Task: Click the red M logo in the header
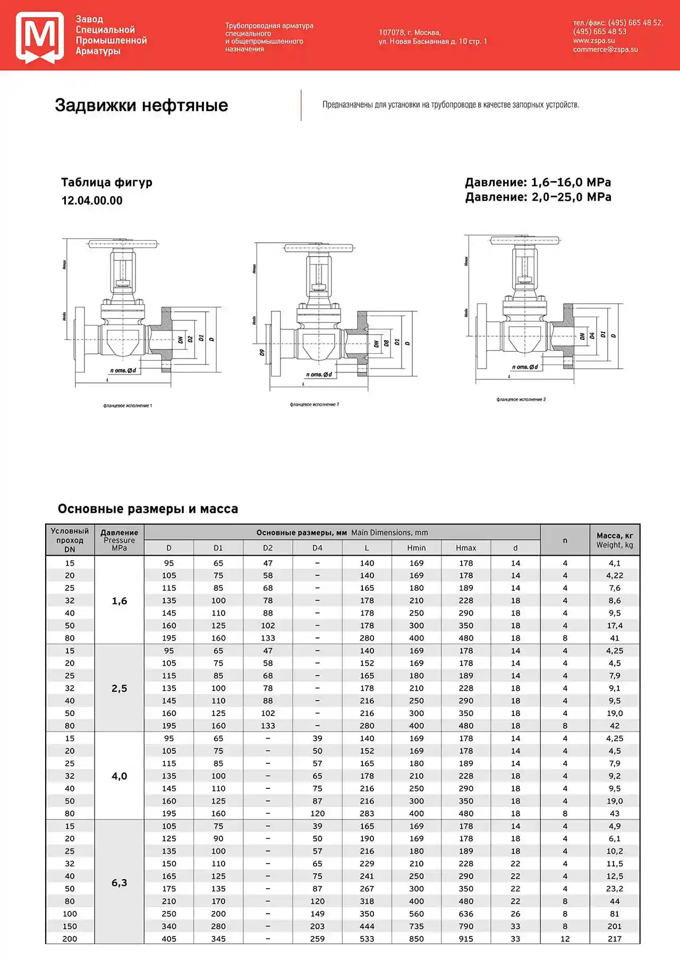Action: coord(40,37)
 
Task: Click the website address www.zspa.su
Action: coord(593,40)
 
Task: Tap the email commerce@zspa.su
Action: coord(605,49)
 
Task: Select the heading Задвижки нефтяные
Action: coord(141,105)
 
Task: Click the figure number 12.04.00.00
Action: coord(92,201)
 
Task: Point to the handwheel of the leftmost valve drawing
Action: coord(123,244)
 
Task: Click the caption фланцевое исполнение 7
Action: coord(314,405)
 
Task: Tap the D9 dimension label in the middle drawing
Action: coord(262,352)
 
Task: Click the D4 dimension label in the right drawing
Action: coord(592,336)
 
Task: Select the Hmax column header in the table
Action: coord(466,548)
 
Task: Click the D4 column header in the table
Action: coord(317,548)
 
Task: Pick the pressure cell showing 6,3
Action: coord(119,882)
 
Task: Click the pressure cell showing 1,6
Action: coord(119,601)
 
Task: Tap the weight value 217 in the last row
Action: coord(615,939)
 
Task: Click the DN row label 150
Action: coord(70,926)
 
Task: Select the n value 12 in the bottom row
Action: coord(565,939)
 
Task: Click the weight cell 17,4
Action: coord(615,626)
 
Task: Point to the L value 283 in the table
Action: coord(367,813)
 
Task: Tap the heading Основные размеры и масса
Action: coord(148,509)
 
